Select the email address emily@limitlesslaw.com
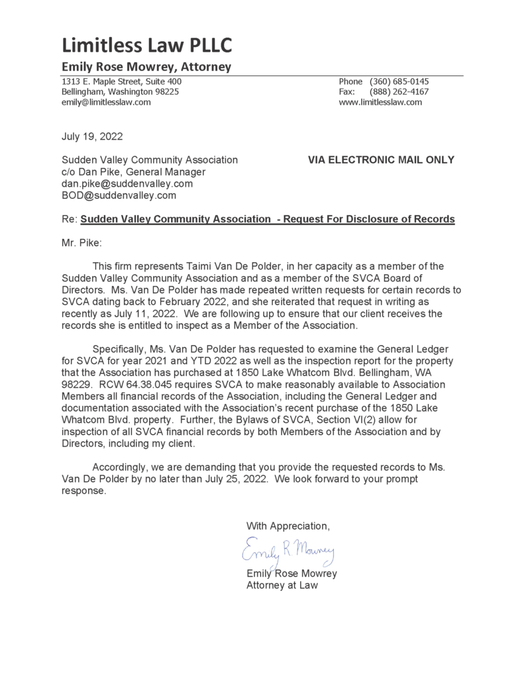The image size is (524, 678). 106,103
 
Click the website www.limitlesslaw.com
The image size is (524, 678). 380,103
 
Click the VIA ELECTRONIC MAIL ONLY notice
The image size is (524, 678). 381,160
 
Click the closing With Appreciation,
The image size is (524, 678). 288,526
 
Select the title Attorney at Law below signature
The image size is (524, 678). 282,585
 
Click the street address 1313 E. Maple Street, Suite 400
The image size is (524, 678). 122,81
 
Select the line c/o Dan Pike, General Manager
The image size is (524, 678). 133,171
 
